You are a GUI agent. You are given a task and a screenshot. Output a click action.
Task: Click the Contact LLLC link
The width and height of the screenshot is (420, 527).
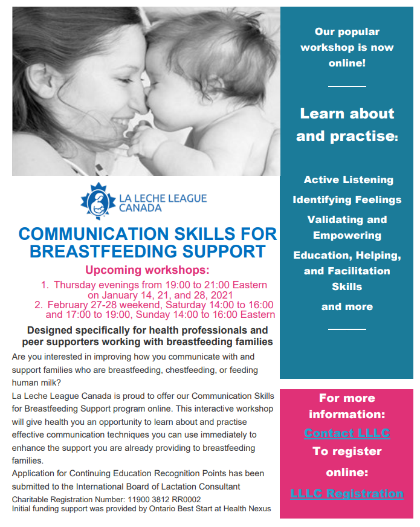pos(347,433)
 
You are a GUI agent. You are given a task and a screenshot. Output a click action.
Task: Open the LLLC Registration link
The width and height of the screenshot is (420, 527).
pos(347,493)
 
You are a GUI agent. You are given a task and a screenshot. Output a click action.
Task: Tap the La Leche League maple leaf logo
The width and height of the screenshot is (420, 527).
pos(98,201)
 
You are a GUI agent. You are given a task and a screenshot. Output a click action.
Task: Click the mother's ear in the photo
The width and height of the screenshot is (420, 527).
pos(41,81)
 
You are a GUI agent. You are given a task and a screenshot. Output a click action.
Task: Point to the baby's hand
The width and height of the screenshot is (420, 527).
pos(144,142)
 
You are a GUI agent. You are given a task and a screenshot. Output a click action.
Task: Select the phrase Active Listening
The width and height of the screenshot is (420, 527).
pos(349,180)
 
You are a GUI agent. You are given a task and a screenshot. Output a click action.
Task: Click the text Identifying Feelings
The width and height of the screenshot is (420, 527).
pos(347,199)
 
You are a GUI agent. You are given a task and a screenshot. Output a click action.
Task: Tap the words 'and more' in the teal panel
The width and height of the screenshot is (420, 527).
pos(347,306)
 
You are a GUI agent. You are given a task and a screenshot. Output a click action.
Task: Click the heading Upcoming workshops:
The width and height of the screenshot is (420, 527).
pos(147,270)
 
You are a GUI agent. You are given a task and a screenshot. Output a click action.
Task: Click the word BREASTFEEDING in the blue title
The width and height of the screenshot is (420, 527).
pos(103,251)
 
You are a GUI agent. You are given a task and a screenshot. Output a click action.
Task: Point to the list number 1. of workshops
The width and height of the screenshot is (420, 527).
pos(45,285)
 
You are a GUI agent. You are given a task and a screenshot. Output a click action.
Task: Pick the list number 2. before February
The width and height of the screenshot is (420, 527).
pos(39,305)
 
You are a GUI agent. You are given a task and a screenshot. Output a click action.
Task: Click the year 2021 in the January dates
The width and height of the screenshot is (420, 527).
pos(222,295)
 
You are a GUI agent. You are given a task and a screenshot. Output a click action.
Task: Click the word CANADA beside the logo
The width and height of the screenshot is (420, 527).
pos(140,208)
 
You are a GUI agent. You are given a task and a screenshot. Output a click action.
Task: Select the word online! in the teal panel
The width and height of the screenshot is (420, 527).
pos(347,63)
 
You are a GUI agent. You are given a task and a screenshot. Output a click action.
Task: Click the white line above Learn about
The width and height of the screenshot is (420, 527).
pos(347,86)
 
